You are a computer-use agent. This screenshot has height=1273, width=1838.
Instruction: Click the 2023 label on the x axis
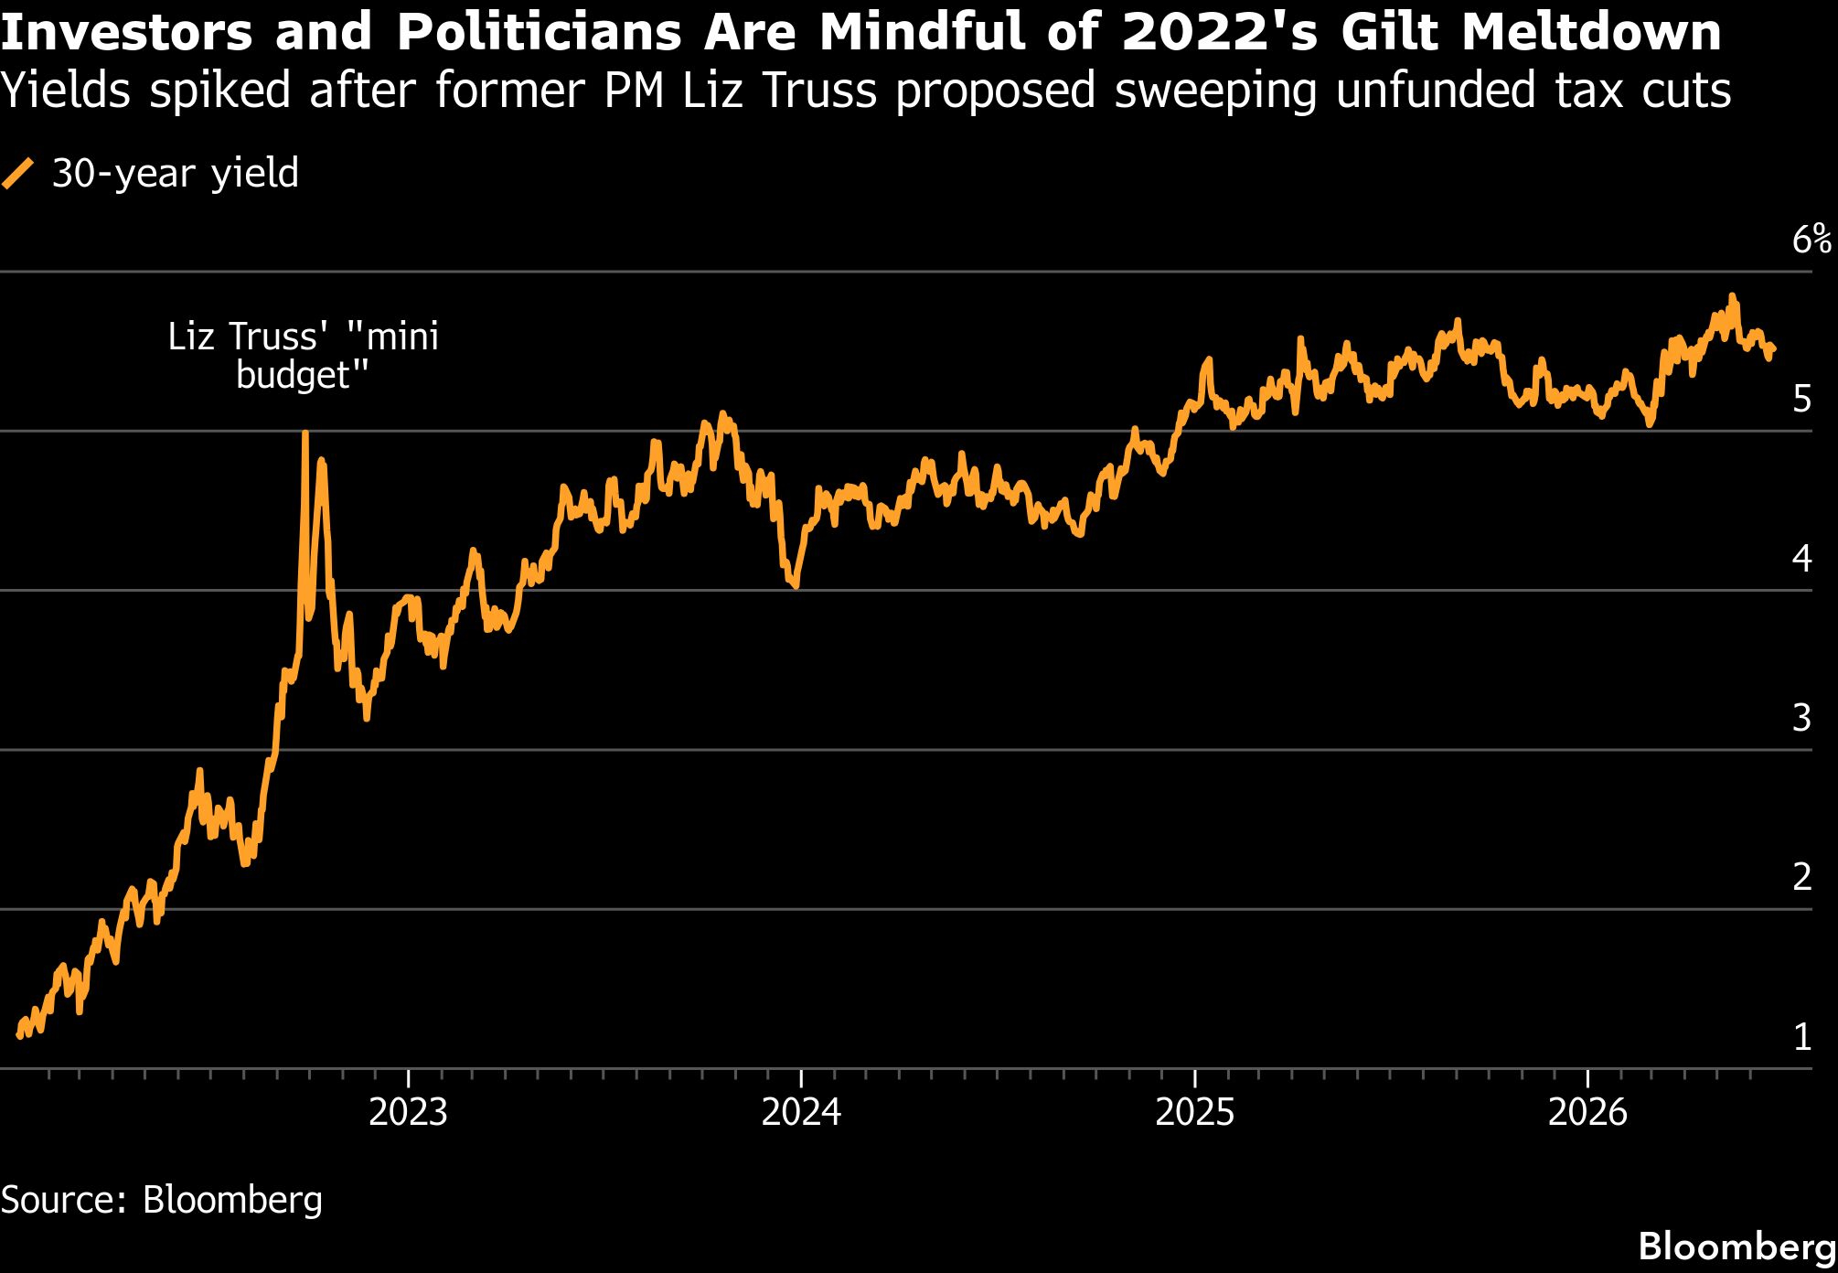tap(408, 1112)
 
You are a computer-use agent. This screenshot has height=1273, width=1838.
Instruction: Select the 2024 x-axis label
tap(801, 1112)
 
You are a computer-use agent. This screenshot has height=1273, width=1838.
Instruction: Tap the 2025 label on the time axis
tap(1194, 1112)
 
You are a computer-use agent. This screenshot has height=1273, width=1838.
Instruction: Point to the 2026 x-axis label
tap(1587, 1112)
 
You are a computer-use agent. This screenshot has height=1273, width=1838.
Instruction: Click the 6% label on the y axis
tap(1811, 240)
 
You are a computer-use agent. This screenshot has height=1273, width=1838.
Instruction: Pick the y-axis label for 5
tap(1802, 400)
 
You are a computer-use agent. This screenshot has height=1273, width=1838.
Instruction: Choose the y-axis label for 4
tap(1802, 558)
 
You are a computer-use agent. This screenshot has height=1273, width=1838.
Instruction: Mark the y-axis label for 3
tap(1802, 718)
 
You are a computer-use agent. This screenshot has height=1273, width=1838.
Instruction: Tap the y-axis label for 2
tap(1802, 877)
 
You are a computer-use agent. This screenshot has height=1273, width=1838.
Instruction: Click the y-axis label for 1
tap(1802, 1037)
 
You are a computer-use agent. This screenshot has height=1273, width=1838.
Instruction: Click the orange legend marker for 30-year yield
tap(17, 174)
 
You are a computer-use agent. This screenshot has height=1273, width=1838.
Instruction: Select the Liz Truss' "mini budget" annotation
tap(303, 356)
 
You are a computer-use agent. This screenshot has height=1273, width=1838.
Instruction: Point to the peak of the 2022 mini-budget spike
tap(305, 433)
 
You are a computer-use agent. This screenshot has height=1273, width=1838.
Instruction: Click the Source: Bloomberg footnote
tap(162, 1200)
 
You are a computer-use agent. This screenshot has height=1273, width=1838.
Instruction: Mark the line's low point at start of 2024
tap(796, 585)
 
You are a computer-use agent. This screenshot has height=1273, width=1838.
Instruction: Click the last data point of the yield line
tap(1772, 348)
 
